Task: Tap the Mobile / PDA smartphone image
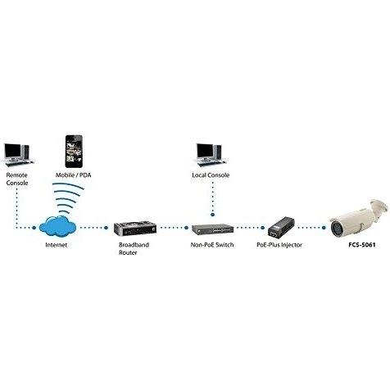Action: tap(74, 151)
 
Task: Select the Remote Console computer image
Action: tap(18, 155)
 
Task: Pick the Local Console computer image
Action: tap(211, 155)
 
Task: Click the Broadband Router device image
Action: tap(135, 229)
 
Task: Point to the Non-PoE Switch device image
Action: tap(212, 229)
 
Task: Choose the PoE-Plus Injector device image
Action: tap(280, 228)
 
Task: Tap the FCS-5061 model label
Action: tap(362, 245)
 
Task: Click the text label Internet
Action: tap(57, 245)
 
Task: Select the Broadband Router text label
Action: tap(134, 248)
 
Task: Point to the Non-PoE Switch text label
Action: tap(212, 245)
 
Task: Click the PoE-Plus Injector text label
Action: tap(279, 245)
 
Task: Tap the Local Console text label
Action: tap(211, 175)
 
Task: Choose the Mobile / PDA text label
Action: tap(73, 175)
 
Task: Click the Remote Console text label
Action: tap(17, 179)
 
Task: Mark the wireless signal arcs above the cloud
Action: tap(66, 197)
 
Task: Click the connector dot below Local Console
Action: tap(213, 215)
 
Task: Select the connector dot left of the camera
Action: tap(324, 228)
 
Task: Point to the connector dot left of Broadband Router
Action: tap(107, 228)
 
